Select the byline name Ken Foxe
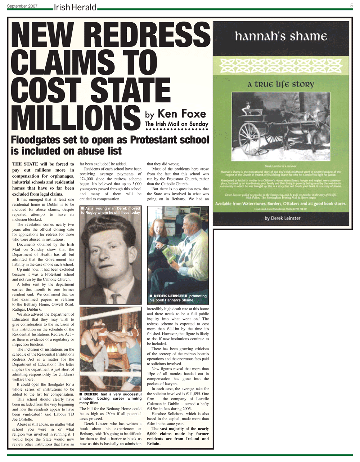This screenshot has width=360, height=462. point(181,114)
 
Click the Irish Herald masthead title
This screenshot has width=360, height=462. point(75,7)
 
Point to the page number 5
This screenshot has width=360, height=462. point(351,5)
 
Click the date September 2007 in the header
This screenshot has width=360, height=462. point(22,6)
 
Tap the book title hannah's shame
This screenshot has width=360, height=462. point(281,36)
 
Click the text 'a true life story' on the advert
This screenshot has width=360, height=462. point(281,85)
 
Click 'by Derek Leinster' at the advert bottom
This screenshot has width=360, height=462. point(282,218)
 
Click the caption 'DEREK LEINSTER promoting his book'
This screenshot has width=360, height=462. point(178,298)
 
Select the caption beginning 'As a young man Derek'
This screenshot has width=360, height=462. point(110,210)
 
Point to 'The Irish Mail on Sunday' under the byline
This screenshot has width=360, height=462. point(176,124)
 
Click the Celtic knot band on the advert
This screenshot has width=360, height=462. point(281,65)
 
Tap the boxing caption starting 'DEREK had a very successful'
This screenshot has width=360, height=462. point(110,399)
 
